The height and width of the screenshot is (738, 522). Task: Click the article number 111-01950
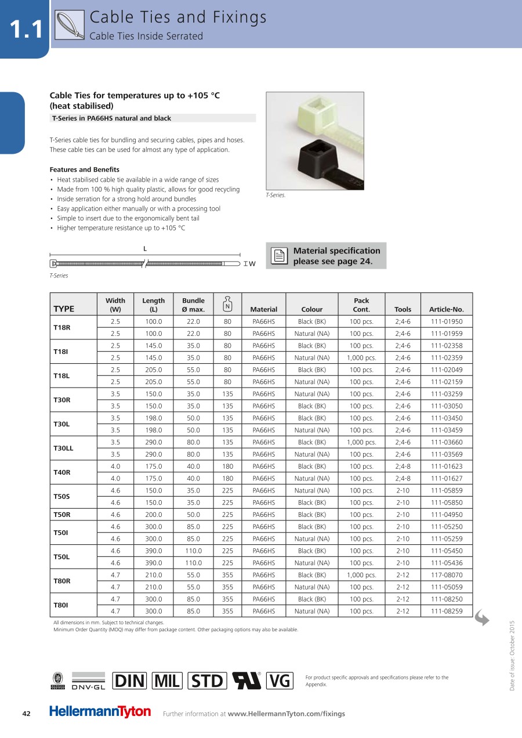tap(446, 321)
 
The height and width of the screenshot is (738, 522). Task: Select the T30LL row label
tap(63, 448)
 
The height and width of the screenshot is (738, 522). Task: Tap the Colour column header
tap(311, 309)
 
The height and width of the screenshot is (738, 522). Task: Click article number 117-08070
tap(446, 575)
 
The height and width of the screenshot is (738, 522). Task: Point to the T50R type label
tap(61, 515)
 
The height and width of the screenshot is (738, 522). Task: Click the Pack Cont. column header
tap(361, 305)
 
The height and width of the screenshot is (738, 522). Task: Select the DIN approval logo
tap(130, 681)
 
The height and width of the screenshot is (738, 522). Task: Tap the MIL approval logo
tap(167, 681)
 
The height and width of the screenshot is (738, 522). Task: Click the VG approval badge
tap(280, 681)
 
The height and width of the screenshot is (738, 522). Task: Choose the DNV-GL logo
tap(88, 681)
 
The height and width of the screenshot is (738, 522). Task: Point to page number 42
tap(26, 714)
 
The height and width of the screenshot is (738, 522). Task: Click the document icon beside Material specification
tap(280, 256)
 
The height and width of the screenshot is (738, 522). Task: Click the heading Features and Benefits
tap(85, 169)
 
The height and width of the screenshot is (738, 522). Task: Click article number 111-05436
tap(446, 563)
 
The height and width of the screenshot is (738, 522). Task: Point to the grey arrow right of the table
tap(482, 618)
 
